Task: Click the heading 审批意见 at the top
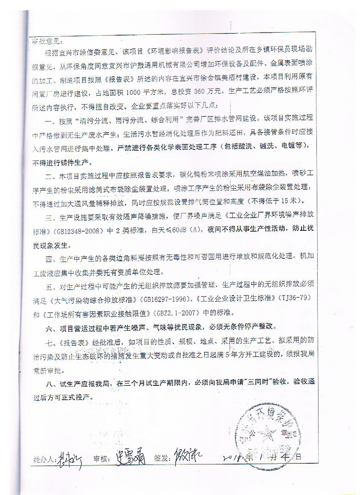coord(47,41)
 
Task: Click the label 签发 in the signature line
coord(163,459)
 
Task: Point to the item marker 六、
coord(50,327)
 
